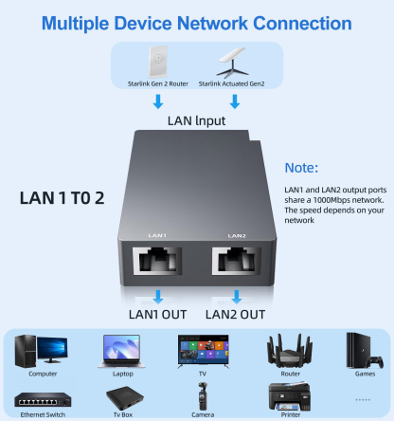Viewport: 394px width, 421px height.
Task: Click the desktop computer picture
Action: point(43,350)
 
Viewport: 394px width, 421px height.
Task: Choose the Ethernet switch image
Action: point(44,397)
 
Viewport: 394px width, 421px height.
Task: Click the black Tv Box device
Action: point(121,396)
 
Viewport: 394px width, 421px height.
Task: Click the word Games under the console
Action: point(364,374)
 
